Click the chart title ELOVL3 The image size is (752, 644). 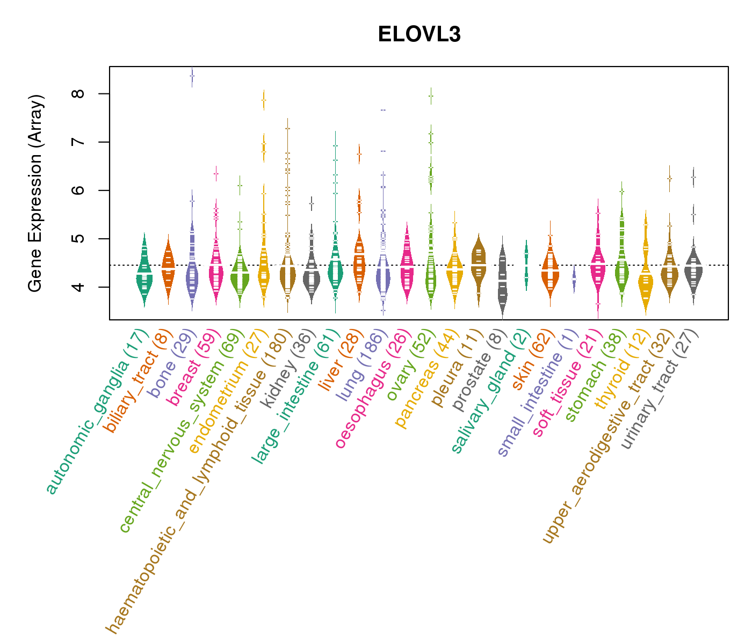[x=419, y=34]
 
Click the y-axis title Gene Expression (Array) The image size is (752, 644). [x=35, y=193]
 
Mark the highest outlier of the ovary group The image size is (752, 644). [x=431, y=96]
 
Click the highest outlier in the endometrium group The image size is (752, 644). [x=264, y=100]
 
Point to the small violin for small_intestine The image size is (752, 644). [x=574, y=279]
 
